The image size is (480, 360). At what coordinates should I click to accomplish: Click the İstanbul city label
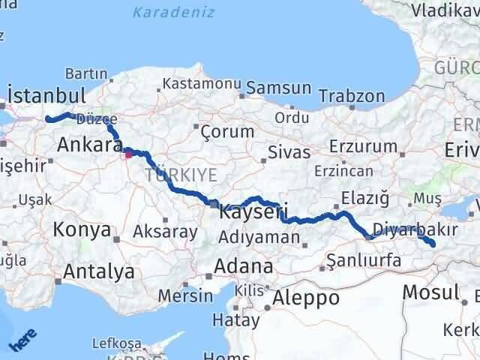[46, 95]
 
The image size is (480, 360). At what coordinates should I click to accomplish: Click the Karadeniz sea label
[173, 13]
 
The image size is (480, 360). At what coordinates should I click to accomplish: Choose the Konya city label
[82, 229]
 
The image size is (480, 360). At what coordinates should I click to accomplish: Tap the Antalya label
[99, 271]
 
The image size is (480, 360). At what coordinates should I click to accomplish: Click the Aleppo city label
[306, 298]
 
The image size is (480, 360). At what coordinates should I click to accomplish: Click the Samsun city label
[278, 88]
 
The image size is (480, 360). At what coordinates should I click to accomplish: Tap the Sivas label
[289, 152]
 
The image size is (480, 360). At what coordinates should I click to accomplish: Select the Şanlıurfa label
[364, 260]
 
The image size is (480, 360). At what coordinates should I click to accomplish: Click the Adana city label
[243, 266]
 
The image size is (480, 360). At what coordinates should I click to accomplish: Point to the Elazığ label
[365, 198]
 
